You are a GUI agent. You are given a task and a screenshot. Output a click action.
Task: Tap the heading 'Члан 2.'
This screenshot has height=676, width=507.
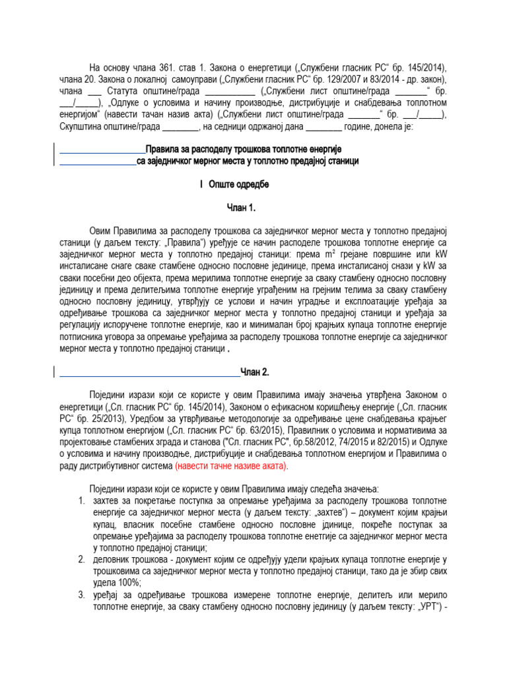(x=254, y=372)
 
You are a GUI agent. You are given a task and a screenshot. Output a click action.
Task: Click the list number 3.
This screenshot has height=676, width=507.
(x=81, y=595)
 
